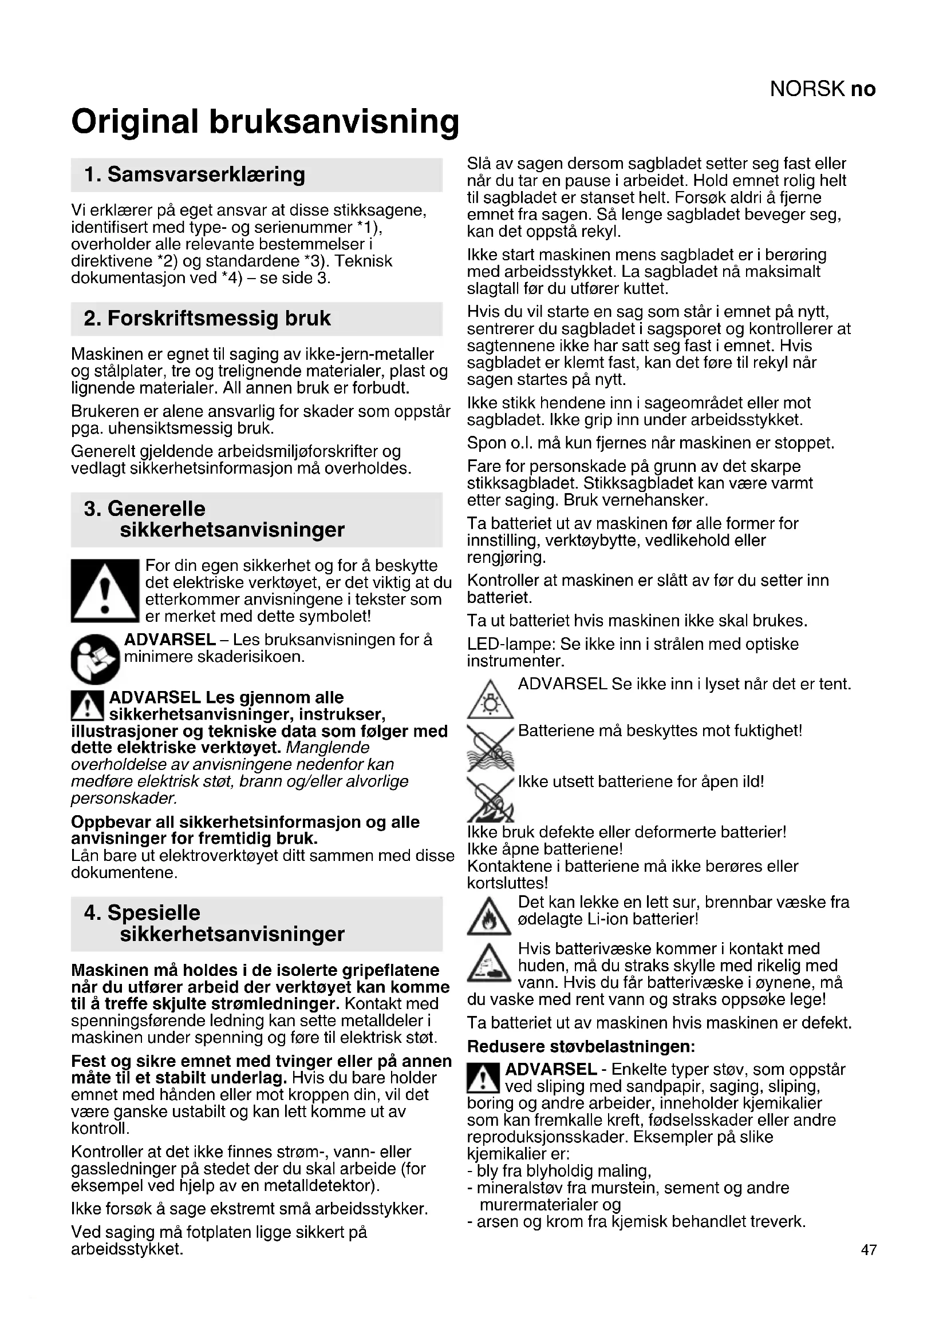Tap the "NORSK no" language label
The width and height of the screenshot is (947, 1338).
[x=822, y=89]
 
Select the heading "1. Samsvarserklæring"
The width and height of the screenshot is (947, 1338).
[x=195, y=174]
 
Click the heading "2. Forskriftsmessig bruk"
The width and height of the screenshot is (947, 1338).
[x=207, y=318]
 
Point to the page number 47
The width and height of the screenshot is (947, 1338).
[x=869, y=1249]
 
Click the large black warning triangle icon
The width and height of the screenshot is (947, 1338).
[x=105, y=591]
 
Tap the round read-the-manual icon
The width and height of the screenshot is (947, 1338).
[x=95, y=658]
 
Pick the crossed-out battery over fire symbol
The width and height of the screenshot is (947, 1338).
[x=490, y=798]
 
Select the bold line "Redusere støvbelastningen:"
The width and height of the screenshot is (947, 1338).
[x=581, y=1046]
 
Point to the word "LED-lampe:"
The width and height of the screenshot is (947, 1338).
[x=511, y=645]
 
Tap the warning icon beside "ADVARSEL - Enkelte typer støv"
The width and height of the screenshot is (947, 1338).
[x=483, y=1078]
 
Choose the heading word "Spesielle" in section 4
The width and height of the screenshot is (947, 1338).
[x=153, y=912]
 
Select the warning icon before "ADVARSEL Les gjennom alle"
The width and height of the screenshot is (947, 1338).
[x=87, y=706]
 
